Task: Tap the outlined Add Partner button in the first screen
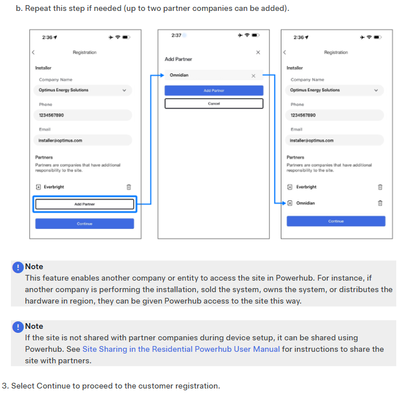point(84,204)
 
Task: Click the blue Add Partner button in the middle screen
point(214,91)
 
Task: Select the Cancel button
point(214,103)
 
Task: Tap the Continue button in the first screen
point(84,224)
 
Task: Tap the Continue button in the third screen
point(336,221)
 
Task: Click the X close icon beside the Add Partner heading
point(258,52)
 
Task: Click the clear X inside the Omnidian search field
point(253,76)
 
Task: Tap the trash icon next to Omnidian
point(380,203)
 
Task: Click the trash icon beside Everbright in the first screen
point(129,187)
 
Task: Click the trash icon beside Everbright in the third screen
point(380,187)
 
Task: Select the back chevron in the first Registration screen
point(33,52)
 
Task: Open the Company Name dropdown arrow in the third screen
point(376,90)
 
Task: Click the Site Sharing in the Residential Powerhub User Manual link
point(181,349)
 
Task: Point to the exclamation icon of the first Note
point(18,267)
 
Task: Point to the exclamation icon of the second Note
point(18,327)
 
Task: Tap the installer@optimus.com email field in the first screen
point(83,141)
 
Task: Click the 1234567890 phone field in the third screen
point(335,115)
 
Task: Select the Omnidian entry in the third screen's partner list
point(306,203)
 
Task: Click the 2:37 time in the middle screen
point(176,36)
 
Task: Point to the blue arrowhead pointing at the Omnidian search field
point(162,75)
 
